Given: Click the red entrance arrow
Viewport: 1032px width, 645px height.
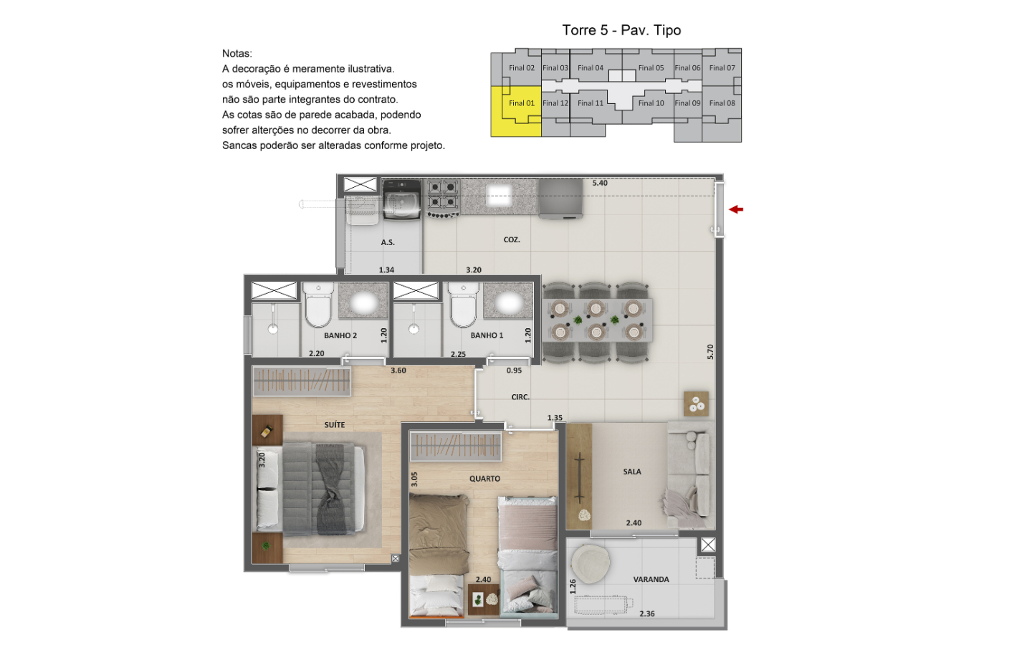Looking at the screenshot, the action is coord(736,209).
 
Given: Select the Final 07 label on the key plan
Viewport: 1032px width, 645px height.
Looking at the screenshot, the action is coord(722,67).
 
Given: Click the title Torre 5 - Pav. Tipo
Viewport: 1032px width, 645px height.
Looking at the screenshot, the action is coord(621,30).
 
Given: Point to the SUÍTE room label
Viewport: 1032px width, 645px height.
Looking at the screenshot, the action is coord(335,424).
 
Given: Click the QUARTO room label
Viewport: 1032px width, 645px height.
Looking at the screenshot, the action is coord(484,479).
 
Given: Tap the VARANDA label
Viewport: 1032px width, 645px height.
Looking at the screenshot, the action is coord(651,579).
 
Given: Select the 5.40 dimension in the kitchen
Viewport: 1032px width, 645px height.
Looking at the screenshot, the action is coord(600,183).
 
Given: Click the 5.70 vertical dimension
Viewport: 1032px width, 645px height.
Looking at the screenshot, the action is coord(710,352).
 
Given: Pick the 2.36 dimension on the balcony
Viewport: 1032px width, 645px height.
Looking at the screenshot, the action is coord(647,613).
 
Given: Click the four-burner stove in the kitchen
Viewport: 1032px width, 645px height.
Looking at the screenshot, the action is coord(443,198).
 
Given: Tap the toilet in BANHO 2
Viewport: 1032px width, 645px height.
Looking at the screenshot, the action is coord(318,305).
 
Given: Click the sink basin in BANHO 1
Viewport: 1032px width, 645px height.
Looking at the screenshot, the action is coord(509,303).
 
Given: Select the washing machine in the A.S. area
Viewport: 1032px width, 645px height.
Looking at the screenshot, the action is coord(402,199).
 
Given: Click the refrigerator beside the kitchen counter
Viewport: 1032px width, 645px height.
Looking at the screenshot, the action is coord(560,198).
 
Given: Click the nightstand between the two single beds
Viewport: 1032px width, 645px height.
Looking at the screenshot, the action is coord(484,599).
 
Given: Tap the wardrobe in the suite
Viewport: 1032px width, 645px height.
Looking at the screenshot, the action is coord(302,381).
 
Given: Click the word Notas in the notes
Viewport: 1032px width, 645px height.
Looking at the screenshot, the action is coord(236,54).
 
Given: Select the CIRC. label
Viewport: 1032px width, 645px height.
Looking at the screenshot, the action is coord(520,397).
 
